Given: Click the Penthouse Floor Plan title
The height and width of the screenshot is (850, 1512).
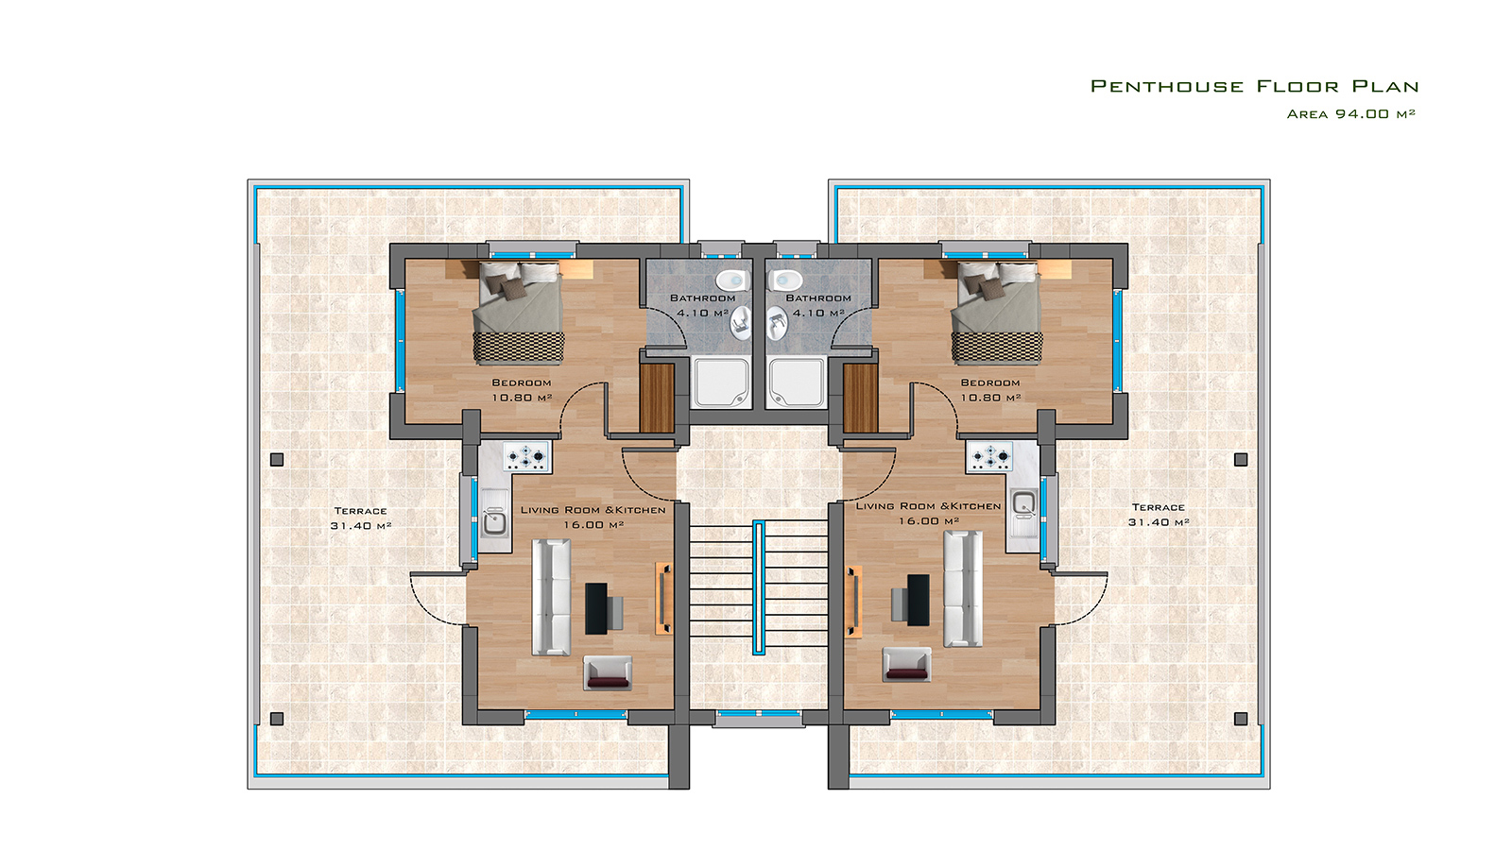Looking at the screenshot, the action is click(x=1255, y=86).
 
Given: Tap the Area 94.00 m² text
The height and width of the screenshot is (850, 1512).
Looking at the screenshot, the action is click(x=1350, y=114).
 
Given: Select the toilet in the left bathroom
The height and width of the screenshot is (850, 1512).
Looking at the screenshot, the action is click(x=732, y=279).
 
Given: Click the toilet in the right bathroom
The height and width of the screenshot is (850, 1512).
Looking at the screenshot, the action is click(x=784, y=279).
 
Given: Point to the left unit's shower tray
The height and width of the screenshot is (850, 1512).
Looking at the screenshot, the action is click(x=721, y=382).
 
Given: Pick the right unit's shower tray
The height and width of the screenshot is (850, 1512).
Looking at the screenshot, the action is click(x=796, y=382).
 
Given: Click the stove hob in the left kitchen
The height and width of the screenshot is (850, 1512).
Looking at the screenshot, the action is click(x=525, y=457).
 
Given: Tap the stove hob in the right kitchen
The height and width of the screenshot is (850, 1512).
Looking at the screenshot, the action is click(x=990, y=457).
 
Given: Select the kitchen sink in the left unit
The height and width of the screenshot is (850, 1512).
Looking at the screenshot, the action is click(x=495, y=518).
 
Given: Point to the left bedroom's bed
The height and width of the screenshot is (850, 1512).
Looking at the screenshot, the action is click(x=519, y=313).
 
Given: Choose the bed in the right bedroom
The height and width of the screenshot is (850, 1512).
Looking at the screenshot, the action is click(x=997, y=313).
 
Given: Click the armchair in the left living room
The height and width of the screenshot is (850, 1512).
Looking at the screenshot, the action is click(x=609, y=672).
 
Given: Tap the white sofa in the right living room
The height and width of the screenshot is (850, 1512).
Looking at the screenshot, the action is click(x=963, y=589).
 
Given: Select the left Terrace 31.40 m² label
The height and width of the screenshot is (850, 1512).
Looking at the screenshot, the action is click(x=360, y=518).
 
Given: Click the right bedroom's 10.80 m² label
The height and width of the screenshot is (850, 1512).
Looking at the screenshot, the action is click(x=990, y=398).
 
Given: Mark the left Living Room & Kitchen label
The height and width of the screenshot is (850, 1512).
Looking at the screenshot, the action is click(x=593, y=510).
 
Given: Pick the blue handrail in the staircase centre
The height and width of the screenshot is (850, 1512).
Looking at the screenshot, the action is click(x=759, y=587).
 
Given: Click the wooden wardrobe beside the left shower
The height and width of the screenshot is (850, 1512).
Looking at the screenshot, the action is click(x=657, y=398).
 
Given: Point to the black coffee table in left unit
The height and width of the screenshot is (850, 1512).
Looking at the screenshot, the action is click(x=596, y=608).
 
